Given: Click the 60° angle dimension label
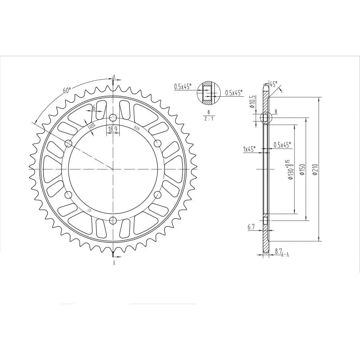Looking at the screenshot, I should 67,90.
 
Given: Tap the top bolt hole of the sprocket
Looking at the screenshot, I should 112,118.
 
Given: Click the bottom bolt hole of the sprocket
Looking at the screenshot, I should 112,220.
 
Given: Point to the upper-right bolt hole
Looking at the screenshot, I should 157,143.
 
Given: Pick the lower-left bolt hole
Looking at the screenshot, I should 68,195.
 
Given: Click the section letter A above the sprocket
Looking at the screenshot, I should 114,76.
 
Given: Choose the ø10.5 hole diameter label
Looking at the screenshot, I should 253,102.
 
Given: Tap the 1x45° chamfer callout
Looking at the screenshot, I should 249,149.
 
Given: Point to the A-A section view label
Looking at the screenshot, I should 285,255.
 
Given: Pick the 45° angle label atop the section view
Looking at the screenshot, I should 273,84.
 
